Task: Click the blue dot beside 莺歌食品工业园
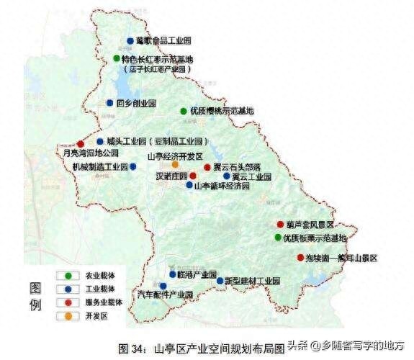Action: pos(130,41)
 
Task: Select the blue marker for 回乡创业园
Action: pos(110,103)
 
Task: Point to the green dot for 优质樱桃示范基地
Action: pos(184,112)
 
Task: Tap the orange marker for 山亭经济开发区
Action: pos(176,166)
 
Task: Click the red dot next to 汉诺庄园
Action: pos(193,176)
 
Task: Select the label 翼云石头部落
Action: pos(235,166)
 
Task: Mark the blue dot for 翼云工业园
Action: pos(227,176)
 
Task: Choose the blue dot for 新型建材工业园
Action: pos(220,280)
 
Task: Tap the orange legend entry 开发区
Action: pos(69,315)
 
